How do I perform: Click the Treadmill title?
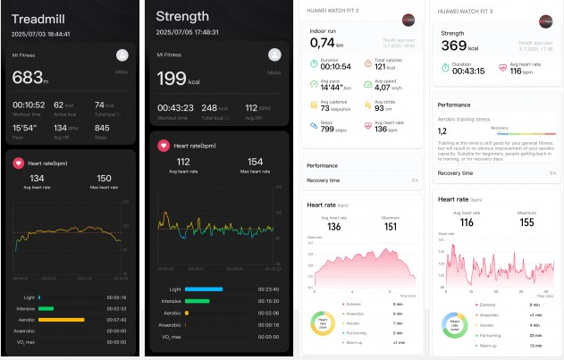point(43,17)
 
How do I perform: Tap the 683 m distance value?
point(30,80)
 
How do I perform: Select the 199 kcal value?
point(173,80)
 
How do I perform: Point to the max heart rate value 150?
point(104,179)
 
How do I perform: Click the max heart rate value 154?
point(255,162)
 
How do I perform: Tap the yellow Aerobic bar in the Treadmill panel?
point(62,319)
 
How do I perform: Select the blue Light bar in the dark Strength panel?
point(204,289)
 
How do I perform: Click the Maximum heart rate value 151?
point(390,226)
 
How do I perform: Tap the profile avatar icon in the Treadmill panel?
point(122,54)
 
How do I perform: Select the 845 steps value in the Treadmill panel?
point(103,127)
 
